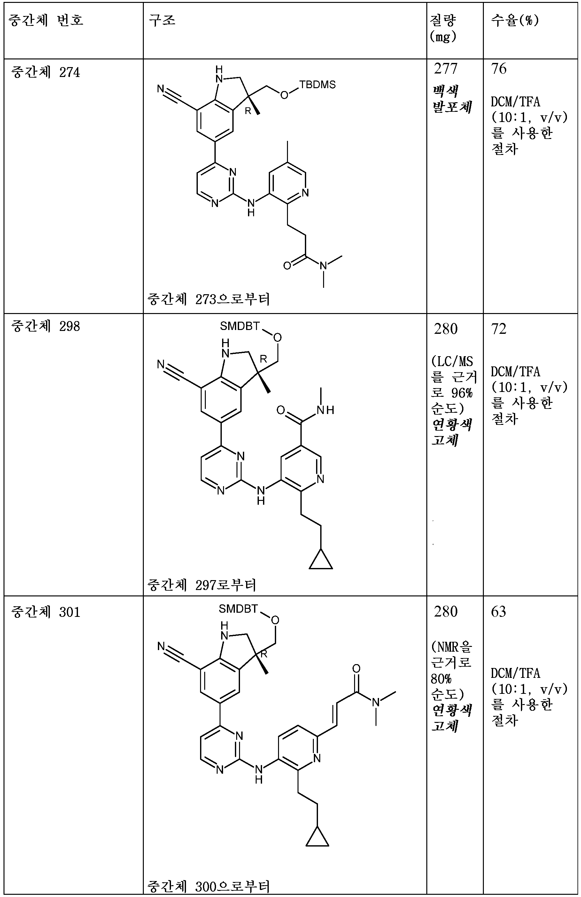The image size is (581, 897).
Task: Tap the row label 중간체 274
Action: pos(45,72)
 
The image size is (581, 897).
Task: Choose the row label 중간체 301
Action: pos(45,612)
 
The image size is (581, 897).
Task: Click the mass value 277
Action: pos(445,69)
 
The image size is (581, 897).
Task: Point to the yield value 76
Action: pos(499,69)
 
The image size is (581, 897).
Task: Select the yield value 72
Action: pos(499,329)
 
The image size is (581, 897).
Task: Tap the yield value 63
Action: pos(499,611)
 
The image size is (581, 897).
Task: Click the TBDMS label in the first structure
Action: pos(317,84)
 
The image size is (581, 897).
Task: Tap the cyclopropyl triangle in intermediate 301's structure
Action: pos(317,838)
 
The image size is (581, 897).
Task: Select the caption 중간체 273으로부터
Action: pos(208,300)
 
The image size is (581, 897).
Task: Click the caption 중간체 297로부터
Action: pos(202,585)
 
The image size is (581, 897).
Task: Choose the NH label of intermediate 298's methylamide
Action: pos(325,410)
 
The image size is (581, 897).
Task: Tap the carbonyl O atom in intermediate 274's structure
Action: pos(287,266)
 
